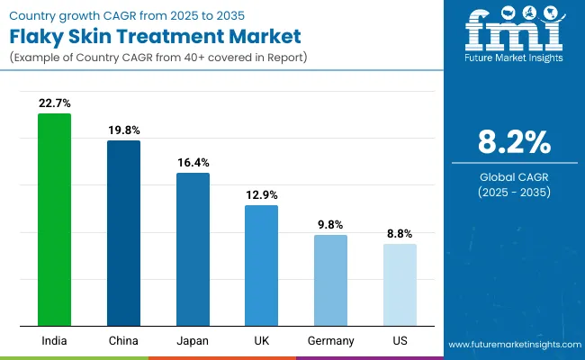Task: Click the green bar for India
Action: point(54,220)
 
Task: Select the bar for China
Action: point(123,233)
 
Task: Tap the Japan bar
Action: point(193,249)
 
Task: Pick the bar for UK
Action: point(262,265)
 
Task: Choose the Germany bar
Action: point(330,280)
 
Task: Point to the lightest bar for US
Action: point(400,284)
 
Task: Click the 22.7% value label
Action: point(54,103)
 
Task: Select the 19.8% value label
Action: point(123,130)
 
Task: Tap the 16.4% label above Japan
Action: point(193,163)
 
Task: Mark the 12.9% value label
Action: point(262,195)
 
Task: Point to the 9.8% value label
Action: point(330,225)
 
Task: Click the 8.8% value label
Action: point(400,234)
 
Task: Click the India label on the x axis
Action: point(54,341)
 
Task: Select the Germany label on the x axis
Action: point(330,341)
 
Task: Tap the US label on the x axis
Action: point(400,341)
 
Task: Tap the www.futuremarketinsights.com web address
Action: point(512,345)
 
